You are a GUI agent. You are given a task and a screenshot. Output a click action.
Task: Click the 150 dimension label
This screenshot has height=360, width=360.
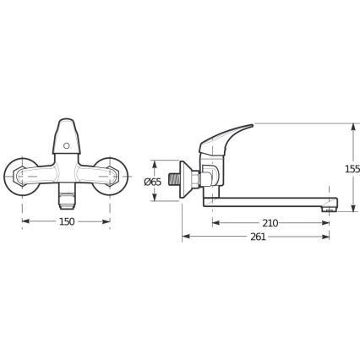tap(67, 221)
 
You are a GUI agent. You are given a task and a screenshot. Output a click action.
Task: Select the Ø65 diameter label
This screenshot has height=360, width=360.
tap(152, 181)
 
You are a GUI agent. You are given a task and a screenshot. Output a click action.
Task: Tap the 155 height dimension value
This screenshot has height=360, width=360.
tap(352, 168)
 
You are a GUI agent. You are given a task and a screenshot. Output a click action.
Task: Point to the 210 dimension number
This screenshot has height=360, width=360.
tap(270, 223)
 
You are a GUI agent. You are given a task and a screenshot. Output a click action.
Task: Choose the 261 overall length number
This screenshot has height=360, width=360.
tap(259, 237)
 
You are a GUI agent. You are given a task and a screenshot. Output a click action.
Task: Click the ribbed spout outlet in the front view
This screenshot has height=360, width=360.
tap(67, 199)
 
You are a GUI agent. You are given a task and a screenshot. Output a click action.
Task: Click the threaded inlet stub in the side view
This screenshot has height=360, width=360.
tap(174, 180)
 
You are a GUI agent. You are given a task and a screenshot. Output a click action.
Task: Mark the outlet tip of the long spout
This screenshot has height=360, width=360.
tap(332, 204)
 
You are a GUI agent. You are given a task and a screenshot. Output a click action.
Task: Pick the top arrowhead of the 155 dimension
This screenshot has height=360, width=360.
tap(352, 128)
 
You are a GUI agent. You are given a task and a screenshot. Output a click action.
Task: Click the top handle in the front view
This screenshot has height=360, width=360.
tap(67, 135)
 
